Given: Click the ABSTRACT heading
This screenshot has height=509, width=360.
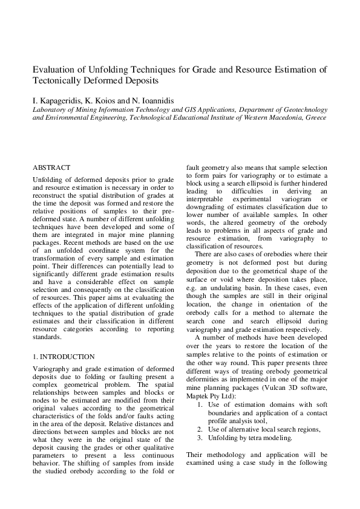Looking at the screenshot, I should [51, 167].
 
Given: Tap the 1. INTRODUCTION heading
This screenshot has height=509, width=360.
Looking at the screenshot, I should [64, 357].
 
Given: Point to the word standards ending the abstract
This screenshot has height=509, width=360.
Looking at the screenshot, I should [47, 337].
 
